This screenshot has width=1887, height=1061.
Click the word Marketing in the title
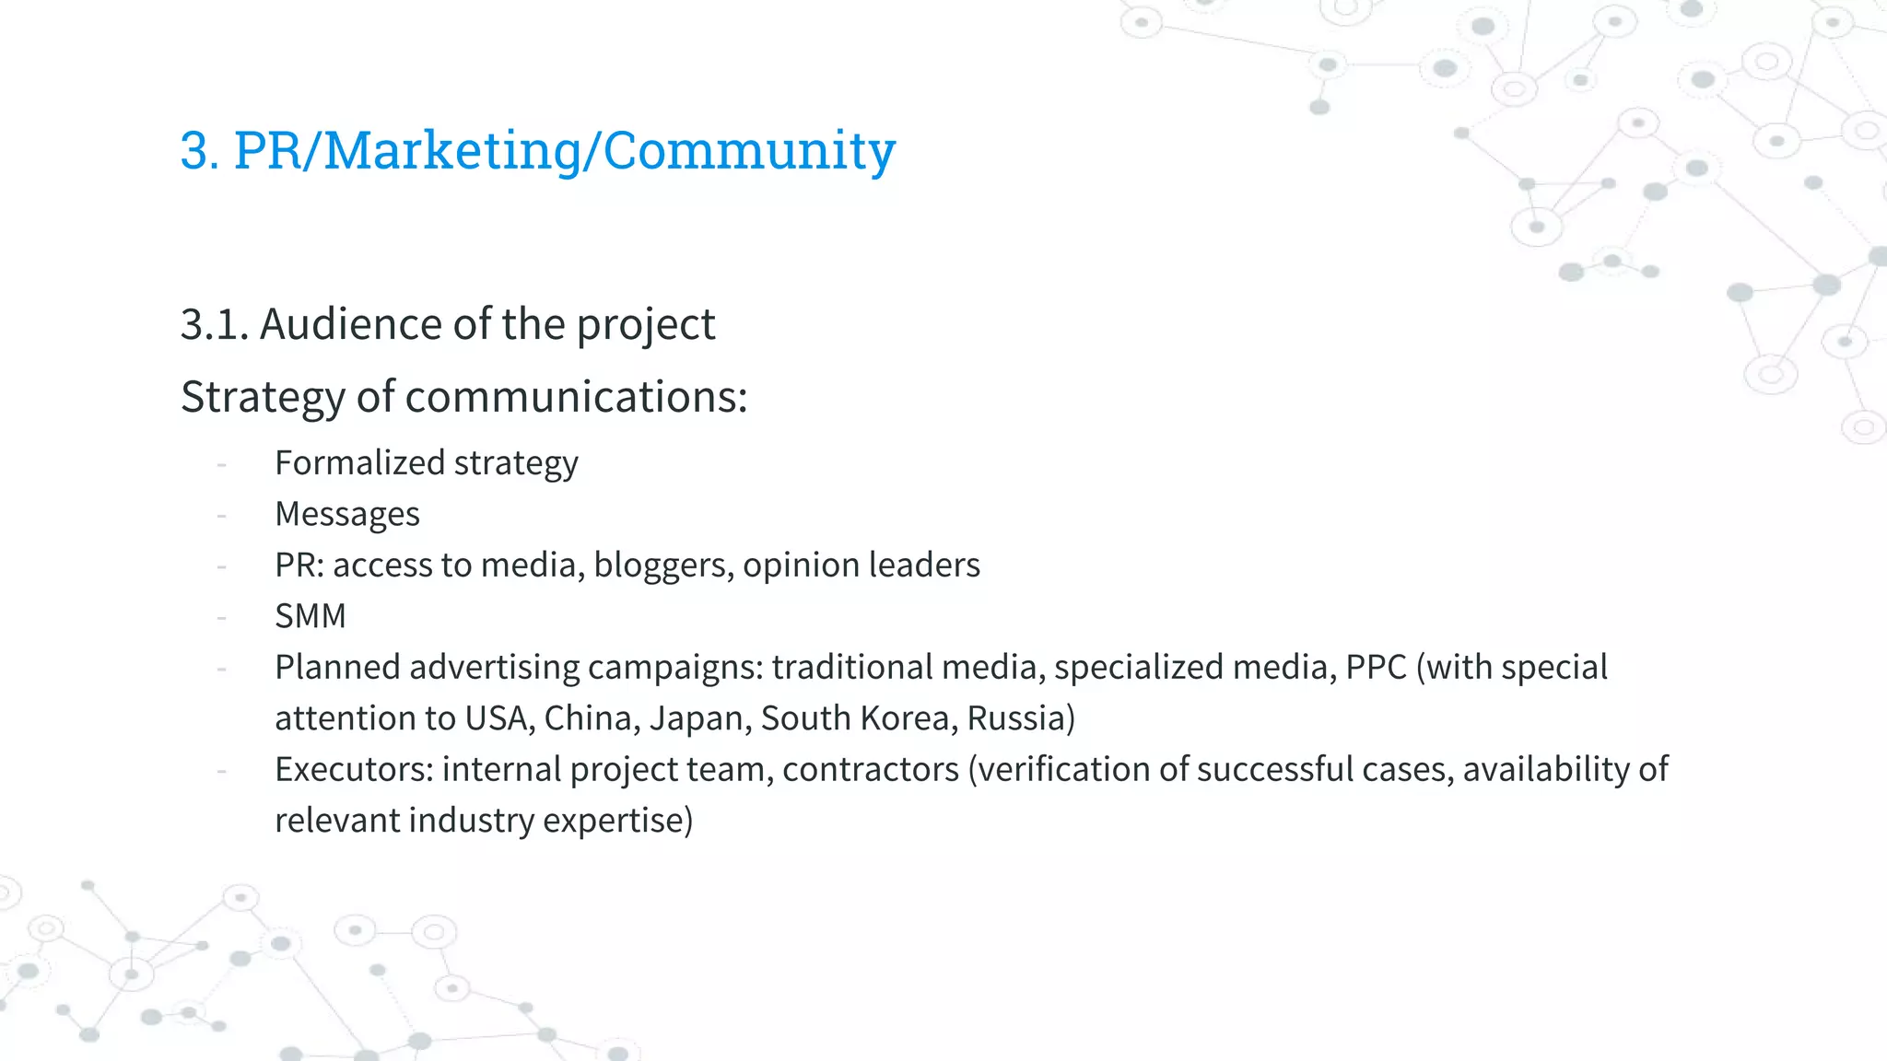click(x=452, y=150)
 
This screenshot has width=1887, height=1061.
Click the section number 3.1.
click(x=215, y=324)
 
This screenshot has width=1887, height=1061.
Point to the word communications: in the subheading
click(x=576, y=397)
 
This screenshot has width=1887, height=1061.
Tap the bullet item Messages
click(x=347, y=514)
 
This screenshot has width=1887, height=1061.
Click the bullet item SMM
click(x=311, y=616)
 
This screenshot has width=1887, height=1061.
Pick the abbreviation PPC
click(x=1376, y=667)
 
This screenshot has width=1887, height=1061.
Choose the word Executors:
click(x=355, y=769)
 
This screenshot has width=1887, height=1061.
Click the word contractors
click(x=871, y=769)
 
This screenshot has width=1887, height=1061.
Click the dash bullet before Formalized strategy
click(x=222, y=464)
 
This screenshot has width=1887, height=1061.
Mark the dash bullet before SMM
click(x=222, y=617)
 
